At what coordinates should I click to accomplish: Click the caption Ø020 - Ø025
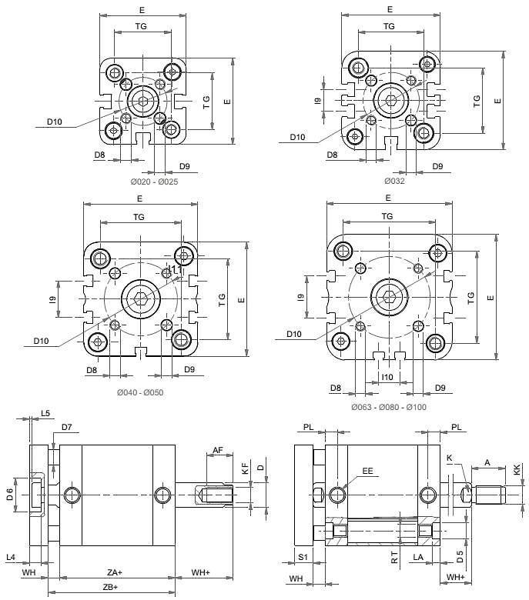coord(153,182)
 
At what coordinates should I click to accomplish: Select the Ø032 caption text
coord(394,182)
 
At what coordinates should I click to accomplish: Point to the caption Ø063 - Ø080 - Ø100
coord(389,407)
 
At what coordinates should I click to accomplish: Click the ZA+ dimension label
coord(116,573)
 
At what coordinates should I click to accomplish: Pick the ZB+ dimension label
coord(110,588)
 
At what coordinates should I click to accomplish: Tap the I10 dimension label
coord(387,378)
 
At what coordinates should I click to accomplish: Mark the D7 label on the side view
coord(66,427)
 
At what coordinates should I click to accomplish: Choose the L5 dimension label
coord(45,414)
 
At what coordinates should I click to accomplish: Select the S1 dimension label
coord(303,556)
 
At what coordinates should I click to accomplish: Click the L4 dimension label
coord(10,556)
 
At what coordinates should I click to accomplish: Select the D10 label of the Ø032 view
coord(297,138)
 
